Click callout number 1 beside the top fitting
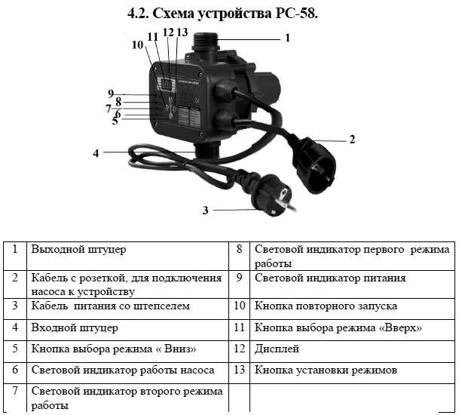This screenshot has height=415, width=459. point(287,36)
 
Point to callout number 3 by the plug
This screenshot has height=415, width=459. point(204,211)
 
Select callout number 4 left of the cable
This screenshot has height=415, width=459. point(96,153)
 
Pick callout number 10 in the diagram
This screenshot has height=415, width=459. point(137,45)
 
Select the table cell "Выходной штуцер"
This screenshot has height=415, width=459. point(78,249)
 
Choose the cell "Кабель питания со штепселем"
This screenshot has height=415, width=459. point(109,306)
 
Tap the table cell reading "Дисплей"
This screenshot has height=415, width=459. point(277,349)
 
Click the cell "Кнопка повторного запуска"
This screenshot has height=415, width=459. point(326,306)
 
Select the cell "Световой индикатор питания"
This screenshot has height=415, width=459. point(330,278)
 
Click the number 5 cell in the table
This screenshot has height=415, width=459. point(14,349)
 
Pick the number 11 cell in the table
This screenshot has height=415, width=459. point(240,328)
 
